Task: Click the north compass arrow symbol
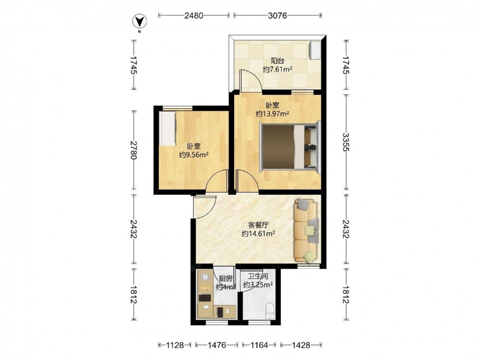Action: [139, 22]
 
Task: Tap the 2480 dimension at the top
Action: [194, 15]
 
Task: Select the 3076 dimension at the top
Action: [277, 15]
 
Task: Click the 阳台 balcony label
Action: [277, 60]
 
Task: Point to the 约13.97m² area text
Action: [273, 114]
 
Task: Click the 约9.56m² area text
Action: [193, 155]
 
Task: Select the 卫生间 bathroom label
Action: [258, 276]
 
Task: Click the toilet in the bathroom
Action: [270, 311]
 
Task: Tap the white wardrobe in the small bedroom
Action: [168, 129]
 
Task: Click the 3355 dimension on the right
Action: [346, 142]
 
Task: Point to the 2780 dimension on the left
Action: [133, 150]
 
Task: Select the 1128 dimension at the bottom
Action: [175, 345]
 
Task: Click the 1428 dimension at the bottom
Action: [300, 345]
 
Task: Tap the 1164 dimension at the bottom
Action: [259, 345]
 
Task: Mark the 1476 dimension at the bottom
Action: [217, 345]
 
